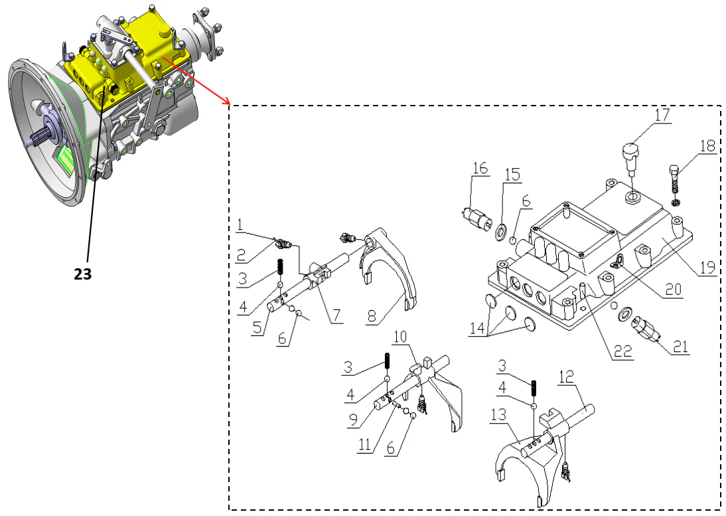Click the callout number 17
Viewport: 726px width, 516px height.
[661, 116]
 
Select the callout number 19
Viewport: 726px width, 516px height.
[707, 268]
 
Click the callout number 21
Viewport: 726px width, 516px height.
[681, 346]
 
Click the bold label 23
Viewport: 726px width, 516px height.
[82, 274]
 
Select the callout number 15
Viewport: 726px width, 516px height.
[511, 175]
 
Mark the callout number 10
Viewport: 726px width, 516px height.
[401, 337]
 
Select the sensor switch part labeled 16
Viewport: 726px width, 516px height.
[476, 216]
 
